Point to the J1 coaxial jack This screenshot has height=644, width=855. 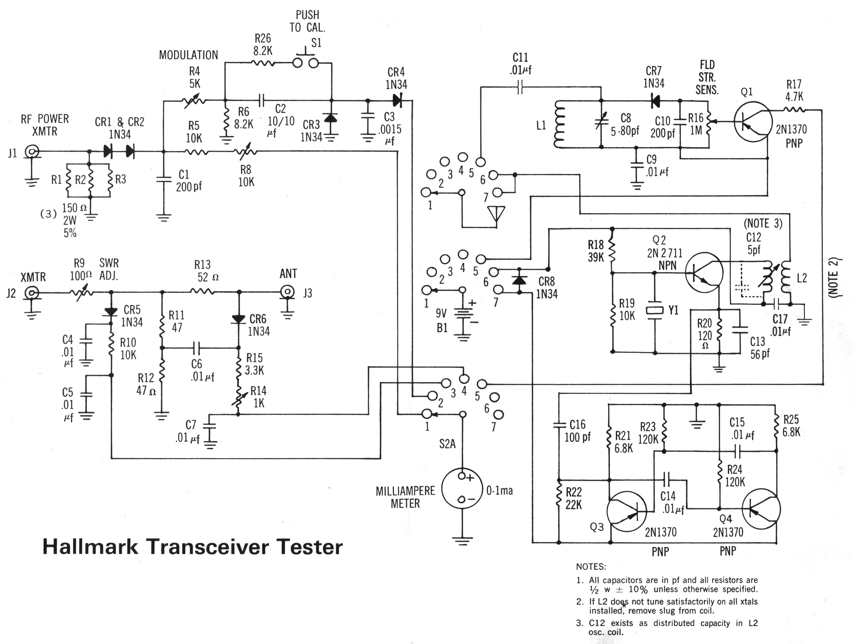pos(31,152)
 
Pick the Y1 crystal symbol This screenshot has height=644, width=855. pos(654,310)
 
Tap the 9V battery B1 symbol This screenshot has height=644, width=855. pos(462,313)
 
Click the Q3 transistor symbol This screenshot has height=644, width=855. pos(626,511)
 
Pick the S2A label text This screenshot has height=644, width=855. pos(447,444)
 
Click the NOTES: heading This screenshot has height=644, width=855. pos(591,567)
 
